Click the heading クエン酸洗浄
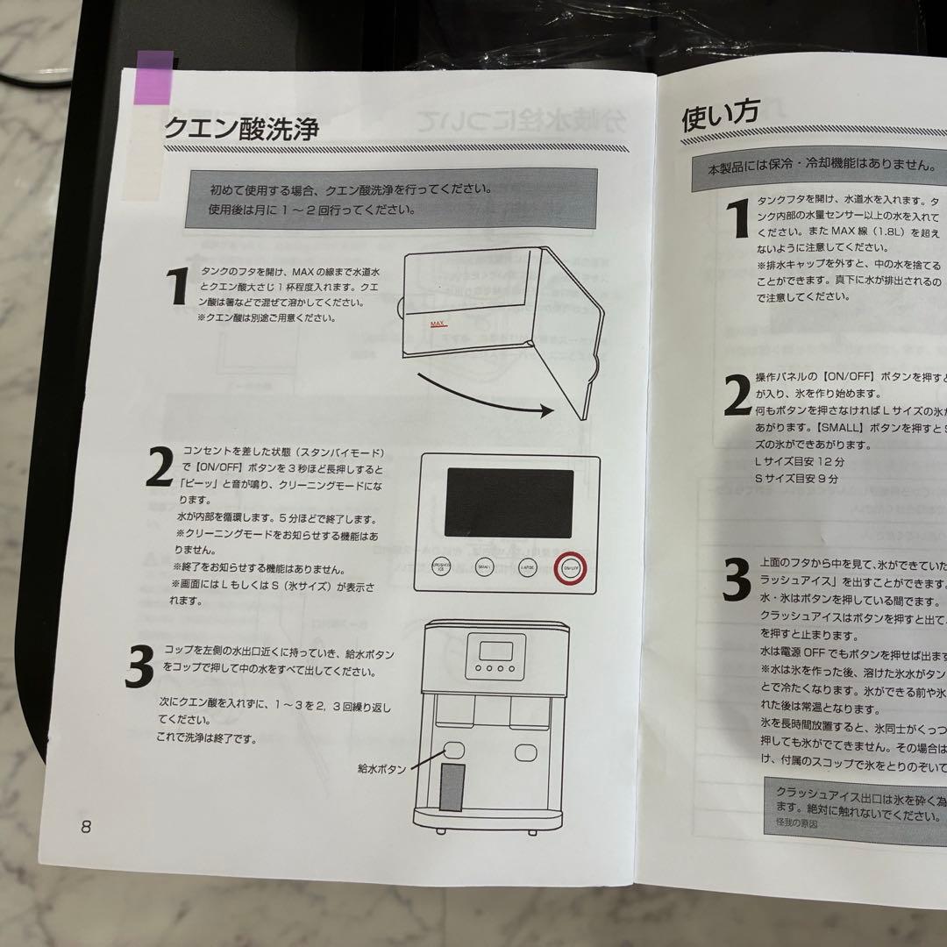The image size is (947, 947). (x=241, y=129)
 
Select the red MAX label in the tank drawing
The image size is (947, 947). (x=438, y=324)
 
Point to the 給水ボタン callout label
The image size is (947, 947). (x=381, y=769)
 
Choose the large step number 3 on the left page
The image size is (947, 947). (x=139, y=668)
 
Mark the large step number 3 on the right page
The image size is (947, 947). (x=737, y=580)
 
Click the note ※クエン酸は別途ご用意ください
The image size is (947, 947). (x=266, y=317)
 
